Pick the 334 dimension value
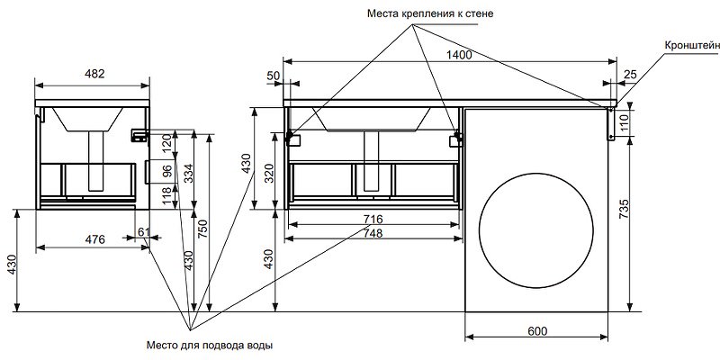189,172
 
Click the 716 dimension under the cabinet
373,219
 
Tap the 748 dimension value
373,233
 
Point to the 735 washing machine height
637,210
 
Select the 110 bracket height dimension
625,121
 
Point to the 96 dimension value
166,171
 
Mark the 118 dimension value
166,196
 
